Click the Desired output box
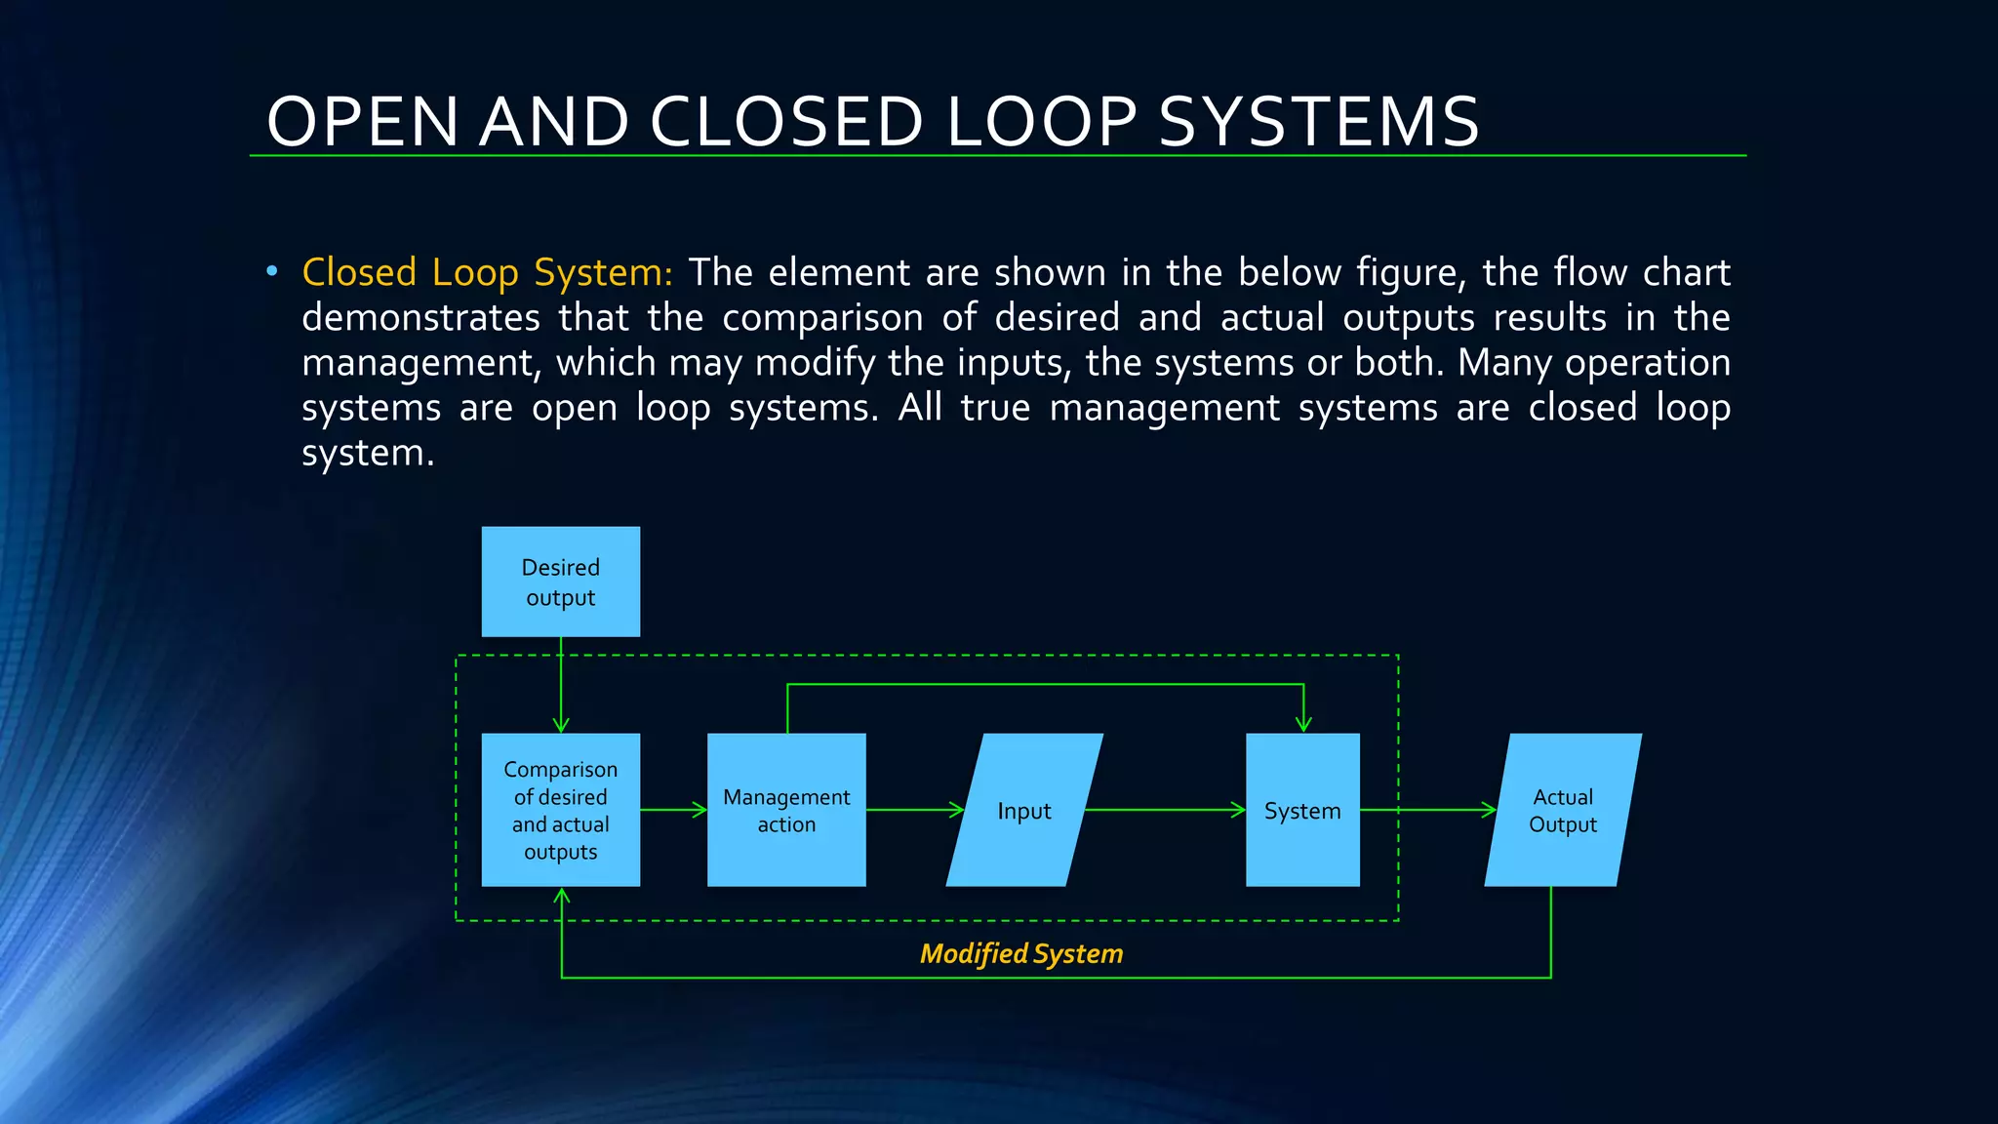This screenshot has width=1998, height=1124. tap(561, 582)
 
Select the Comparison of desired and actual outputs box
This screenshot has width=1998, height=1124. tap(561, 810)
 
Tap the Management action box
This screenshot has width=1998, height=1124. tap(786, 810)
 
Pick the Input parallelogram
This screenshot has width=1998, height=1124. tap(1024, 810)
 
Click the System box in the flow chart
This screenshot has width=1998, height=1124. tap(1302, 810)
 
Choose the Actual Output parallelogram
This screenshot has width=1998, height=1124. tap(1563, 810)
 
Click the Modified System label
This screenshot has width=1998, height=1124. tap(1021, 953)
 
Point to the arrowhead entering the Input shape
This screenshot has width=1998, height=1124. tap(957, 810)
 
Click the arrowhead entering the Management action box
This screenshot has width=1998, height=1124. tap(699, 810)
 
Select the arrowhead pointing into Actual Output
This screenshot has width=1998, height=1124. tap(1490, 810)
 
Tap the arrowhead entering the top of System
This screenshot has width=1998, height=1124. tap(1303, 725)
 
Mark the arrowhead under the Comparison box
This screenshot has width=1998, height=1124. tap(562, 896)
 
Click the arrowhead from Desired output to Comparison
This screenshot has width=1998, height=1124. tap(561, 725)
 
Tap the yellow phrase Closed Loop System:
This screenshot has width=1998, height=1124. tap(487, 272)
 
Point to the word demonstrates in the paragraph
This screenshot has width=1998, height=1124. tap(420, 318)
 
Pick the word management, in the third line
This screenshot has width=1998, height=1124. tap(420, 363)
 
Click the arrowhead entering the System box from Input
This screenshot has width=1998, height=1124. tap(1239, 810)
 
